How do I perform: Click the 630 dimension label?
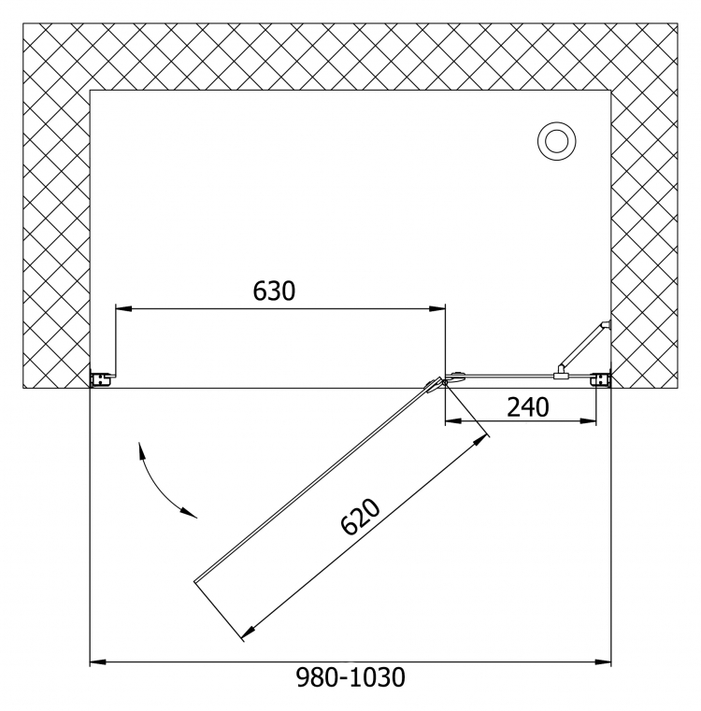click(274, 291)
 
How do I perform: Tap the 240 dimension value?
click(528, 406)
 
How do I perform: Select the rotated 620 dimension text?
click(360, 517)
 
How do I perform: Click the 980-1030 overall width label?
click(350, 677)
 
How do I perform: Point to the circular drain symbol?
click(557, 141)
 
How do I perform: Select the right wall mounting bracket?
click(603, 379)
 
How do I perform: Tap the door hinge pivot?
click(445, 383)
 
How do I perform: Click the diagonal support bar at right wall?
click(584, 346)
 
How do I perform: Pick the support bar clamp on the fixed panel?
click(562, 374)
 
